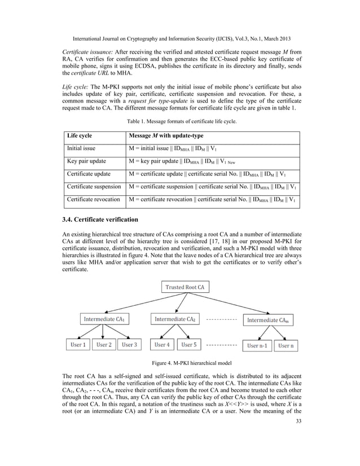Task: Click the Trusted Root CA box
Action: click(186, 287)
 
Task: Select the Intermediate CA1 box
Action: click(104, 319)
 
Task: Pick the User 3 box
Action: click(130, 344)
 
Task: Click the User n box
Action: click(286, 345)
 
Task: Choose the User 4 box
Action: click(163, 344)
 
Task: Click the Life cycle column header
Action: click(80, 136)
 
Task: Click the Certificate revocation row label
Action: click(93, 199)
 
